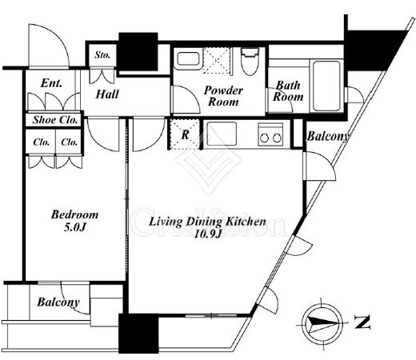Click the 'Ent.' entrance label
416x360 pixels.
(51, 83)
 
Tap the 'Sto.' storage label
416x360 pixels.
(102, 55)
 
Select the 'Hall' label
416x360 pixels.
(107, 94)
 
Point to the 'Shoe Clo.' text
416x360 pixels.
(55, 120)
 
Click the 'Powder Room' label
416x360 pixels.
(223, 96)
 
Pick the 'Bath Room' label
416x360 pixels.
(288, 91)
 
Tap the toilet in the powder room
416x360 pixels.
(250, 62)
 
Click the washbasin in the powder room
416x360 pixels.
(188, 59)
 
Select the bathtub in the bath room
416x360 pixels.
(326, 86)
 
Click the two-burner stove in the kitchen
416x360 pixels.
(270, 134)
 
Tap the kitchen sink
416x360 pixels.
(222, 134)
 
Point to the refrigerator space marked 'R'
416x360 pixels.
(185, 134)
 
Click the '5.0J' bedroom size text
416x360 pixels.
(74, 227)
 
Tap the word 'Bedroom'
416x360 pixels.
(75, 214)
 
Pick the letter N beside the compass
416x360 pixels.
(362, 322)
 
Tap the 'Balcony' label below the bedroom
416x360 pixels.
(58, 302)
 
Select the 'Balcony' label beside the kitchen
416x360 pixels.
(328, 136)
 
